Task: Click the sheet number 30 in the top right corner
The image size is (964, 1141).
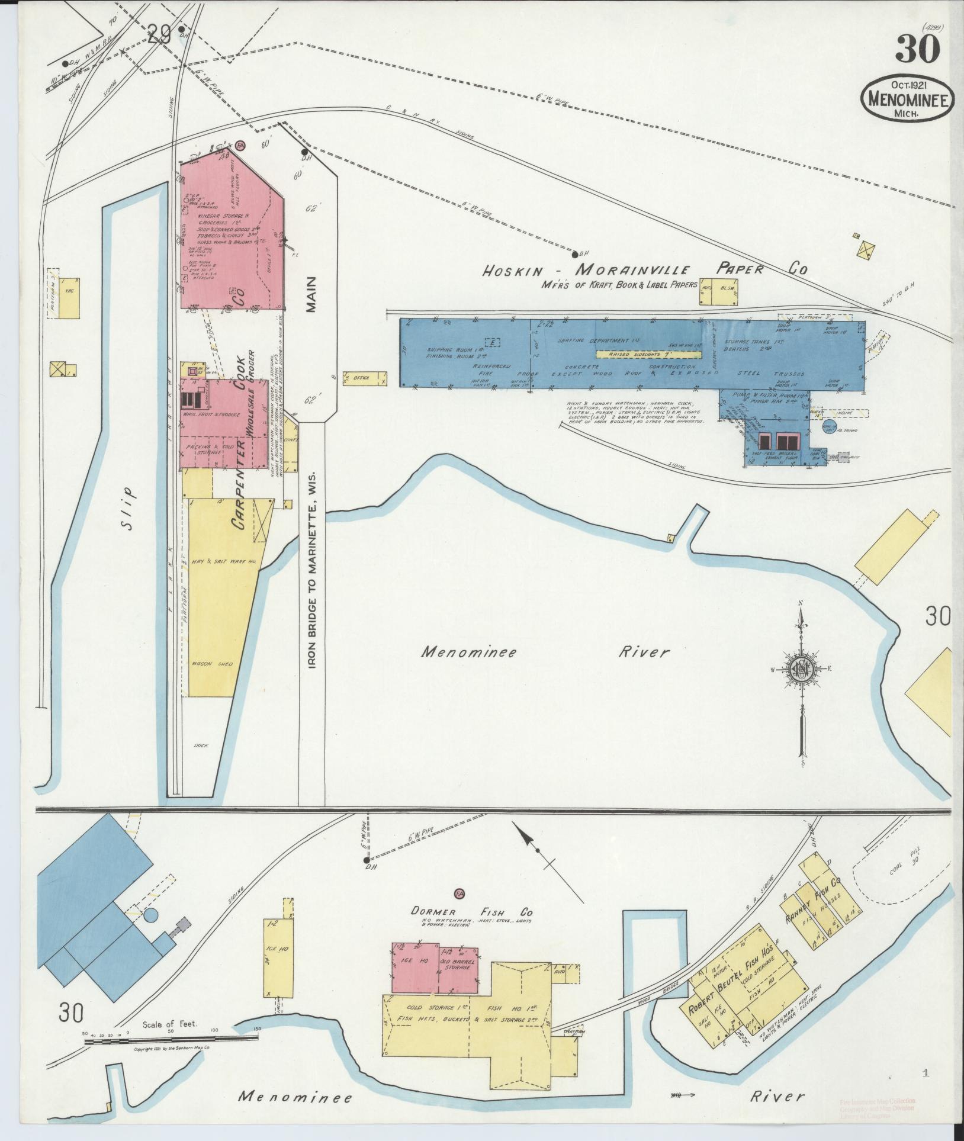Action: [x=917, y=49]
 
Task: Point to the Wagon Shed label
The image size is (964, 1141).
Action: [x=211, y=664]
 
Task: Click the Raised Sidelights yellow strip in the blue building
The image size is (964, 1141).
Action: [x=648, y=354]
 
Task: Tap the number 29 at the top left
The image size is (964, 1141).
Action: [x=161, y=36]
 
